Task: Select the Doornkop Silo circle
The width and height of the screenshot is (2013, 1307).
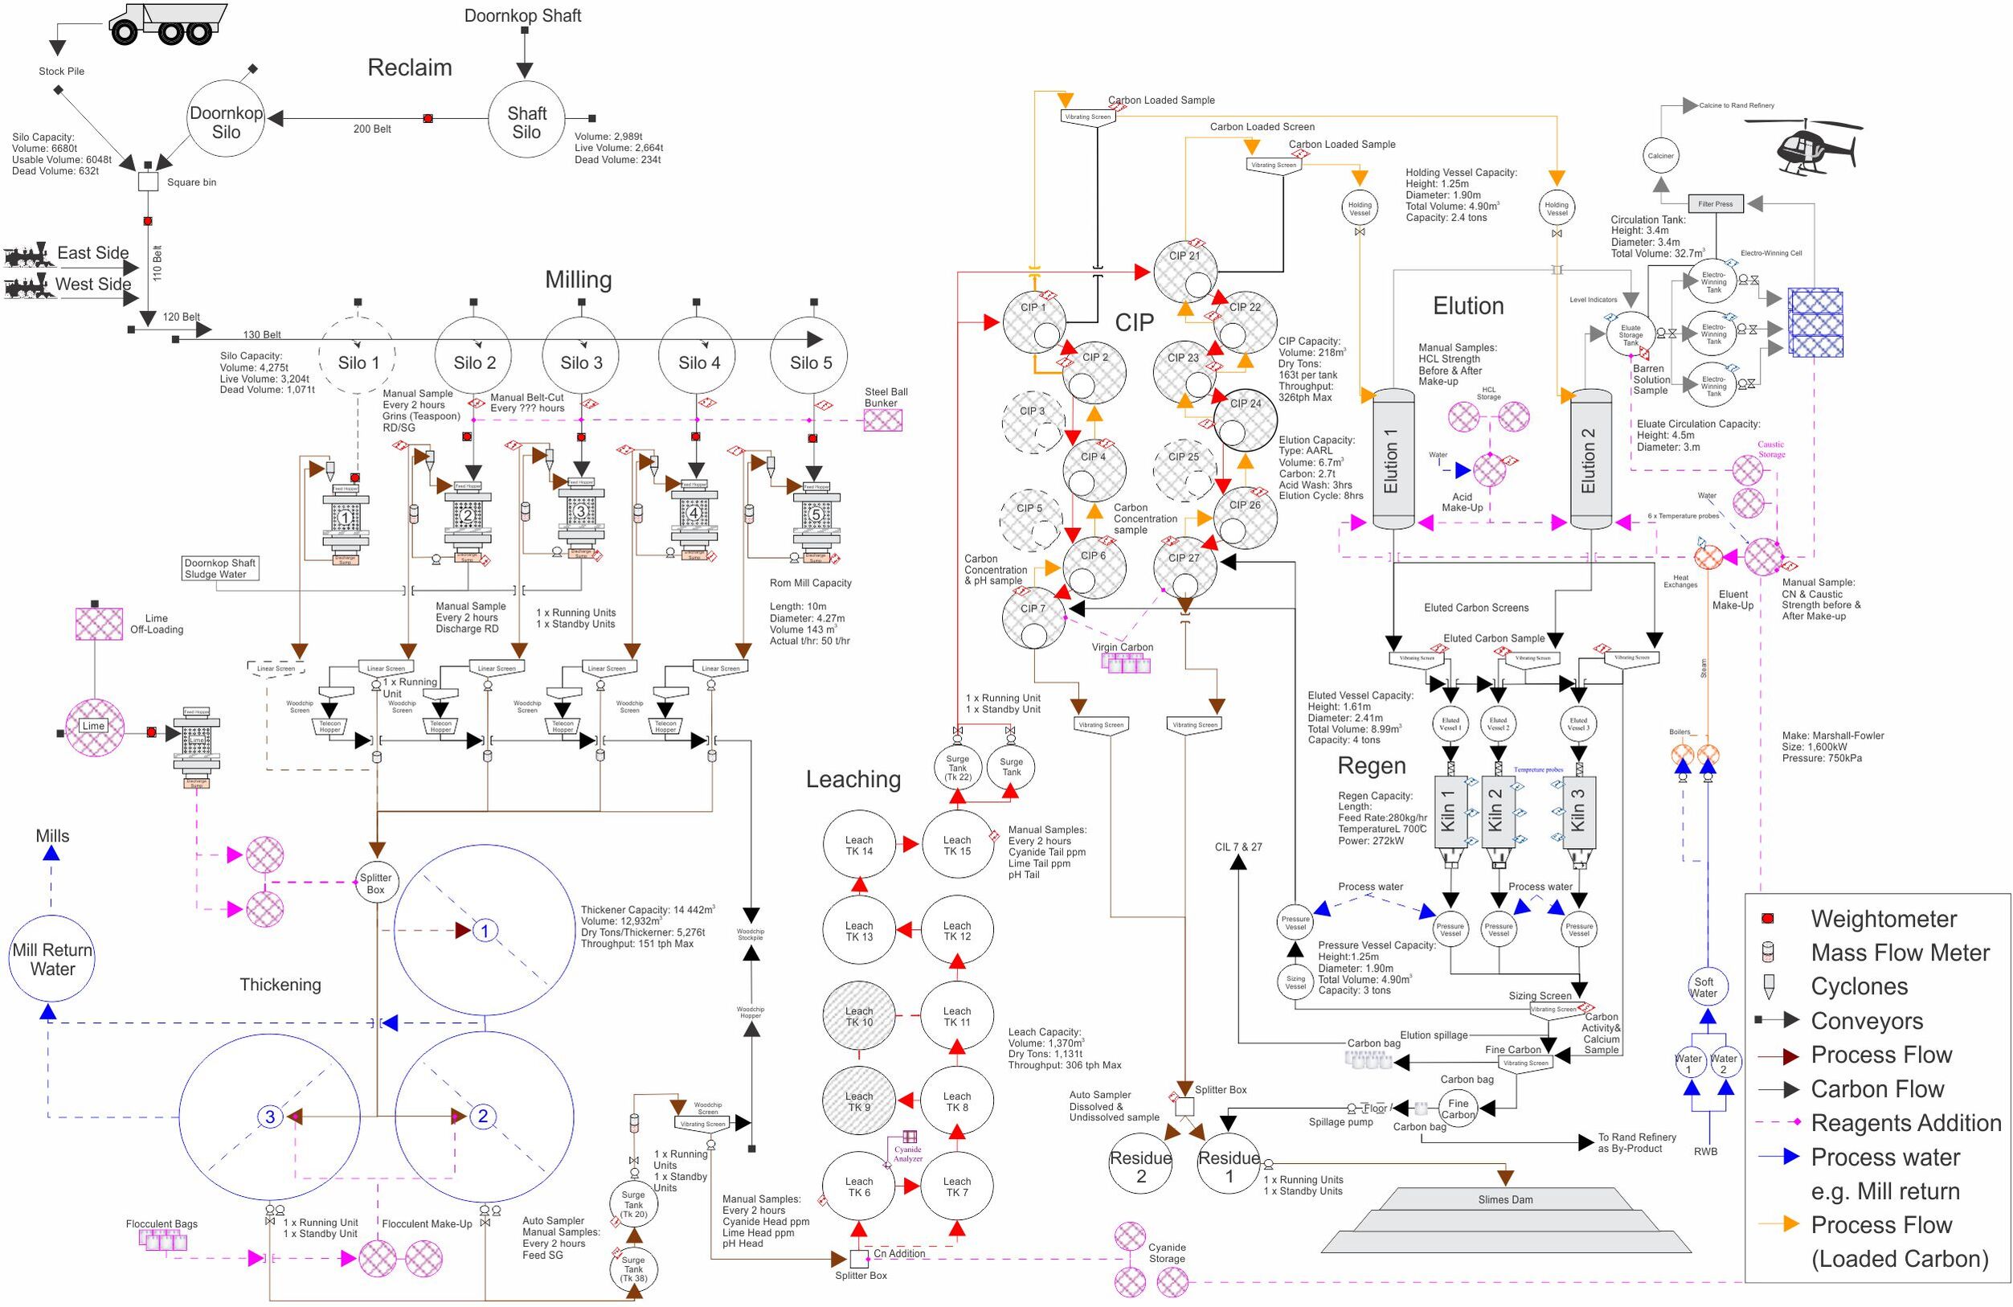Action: coord(226,119)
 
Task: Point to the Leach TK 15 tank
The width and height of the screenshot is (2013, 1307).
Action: coord(956,845)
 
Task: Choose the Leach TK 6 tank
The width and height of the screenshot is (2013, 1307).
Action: coord(858,1187)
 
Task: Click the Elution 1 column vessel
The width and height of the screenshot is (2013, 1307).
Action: coord(1392,459)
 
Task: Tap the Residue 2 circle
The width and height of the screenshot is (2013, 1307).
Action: coord(1141,1166)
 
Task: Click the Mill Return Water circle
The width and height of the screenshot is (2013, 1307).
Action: coord(52,959)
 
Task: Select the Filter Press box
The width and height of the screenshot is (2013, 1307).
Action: coord(1716,204)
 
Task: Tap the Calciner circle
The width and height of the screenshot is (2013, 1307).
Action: coord(1660,156)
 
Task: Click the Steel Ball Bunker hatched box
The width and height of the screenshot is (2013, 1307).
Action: coord(882,420)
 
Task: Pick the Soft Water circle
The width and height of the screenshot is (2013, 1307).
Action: coord(1704,987)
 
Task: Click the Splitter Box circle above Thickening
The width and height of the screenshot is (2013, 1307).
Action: coord(375,883)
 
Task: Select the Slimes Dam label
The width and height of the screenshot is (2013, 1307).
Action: coord(1504,1199)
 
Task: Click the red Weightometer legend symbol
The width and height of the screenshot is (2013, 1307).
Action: coord(1767,919)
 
